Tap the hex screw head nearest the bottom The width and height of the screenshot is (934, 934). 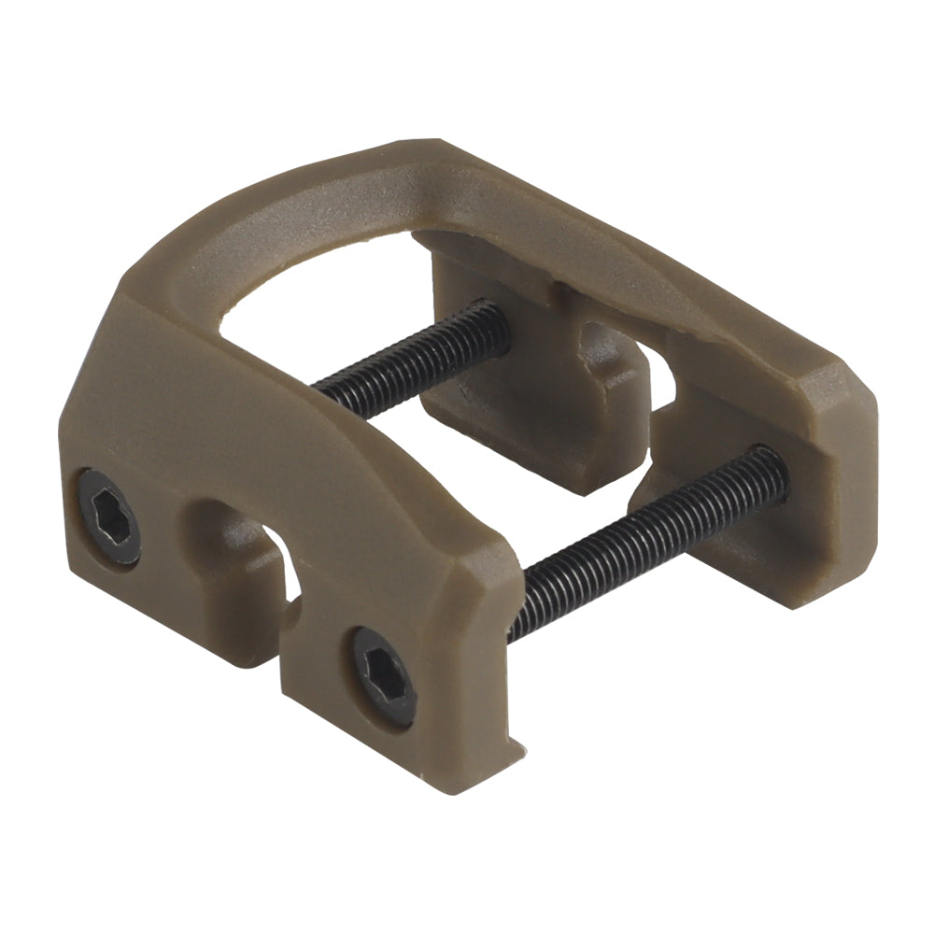[x=384, y=675]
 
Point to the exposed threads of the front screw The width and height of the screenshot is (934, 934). [x=644, y=542]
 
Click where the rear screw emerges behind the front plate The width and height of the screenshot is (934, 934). [x=322, y=383]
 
